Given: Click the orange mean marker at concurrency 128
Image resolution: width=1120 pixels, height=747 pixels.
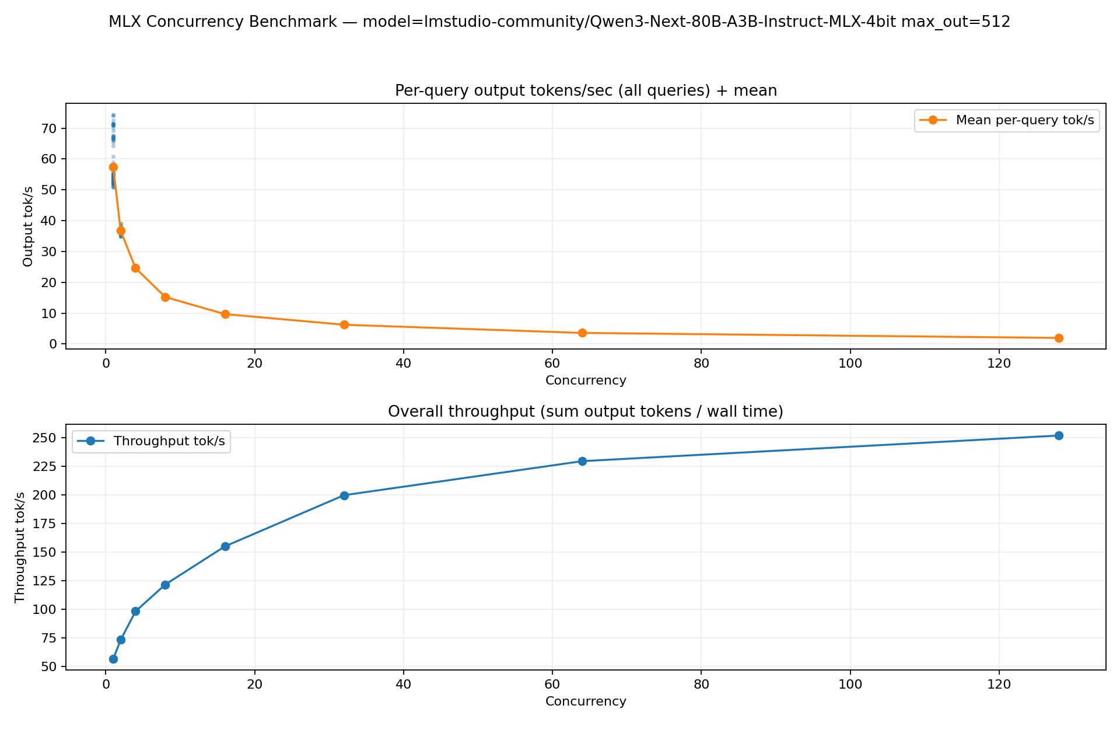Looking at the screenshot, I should tap(1059, 338).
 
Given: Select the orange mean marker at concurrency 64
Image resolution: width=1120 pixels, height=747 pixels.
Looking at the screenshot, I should tap(582, 333).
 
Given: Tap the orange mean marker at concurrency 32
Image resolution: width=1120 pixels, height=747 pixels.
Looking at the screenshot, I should tap(344, 324).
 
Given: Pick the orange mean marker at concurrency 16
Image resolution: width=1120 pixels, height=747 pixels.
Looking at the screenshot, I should tap(225, 314).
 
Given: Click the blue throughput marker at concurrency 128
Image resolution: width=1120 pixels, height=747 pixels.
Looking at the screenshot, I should tap(1059, 435).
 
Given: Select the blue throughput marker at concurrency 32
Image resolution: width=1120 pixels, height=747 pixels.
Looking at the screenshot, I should tap(344, 495).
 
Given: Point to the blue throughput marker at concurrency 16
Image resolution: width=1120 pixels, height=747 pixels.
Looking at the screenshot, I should tap(225, 546).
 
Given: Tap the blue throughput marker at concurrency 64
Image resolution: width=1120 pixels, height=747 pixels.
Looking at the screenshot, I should tap(582, 461).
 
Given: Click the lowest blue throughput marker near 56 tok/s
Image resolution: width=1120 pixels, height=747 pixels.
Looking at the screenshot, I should tap(113, 659).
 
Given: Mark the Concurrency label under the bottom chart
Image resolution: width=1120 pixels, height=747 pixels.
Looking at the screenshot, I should tap(586, 701).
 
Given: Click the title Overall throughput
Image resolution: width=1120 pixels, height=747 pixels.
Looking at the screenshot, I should tap(585, 412).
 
